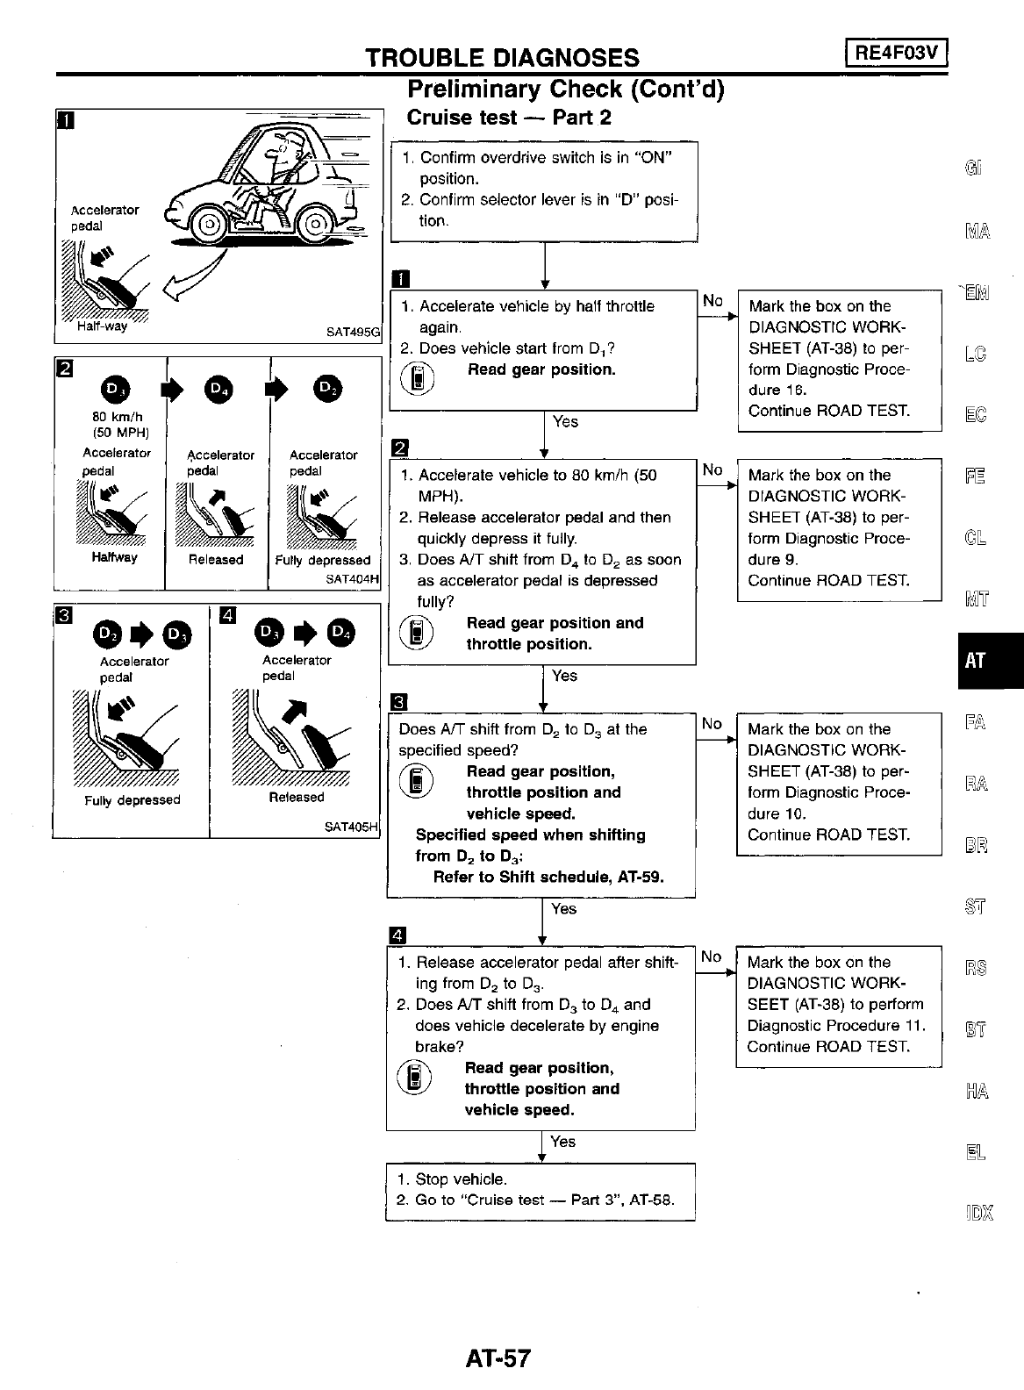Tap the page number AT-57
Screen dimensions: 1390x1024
[498, 1358]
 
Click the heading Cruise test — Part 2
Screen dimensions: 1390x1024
[509, 118]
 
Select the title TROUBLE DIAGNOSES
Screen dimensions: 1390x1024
[502, 58]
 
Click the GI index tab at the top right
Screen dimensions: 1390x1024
[975, 168]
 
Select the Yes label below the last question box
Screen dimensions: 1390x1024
[562, 1142]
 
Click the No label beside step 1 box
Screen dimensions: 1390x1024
[713, 301]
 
